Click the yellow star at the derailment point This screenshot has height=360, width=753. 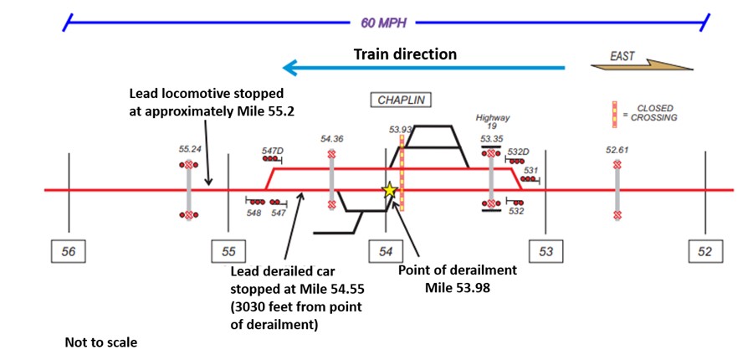pos(389,190)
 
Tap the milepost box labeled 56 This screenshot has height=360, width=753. pos(69,250)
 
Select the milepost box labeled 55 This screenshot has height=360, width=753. pos(228,250)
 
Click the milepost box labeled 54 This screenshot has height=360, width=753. pos(386,250)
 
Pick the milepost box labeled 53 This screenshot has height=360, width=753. pos(546,250)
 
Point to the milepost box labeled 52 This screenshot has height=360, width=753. pos(704,250)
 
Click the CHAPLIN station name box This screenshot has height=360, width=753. pos(400,100)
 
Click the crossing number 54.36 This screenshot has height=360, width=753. pos(331,139)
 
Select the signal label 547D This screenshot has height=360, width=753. pos(272,151)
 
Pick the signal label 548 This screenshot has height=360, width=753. pos(254,213)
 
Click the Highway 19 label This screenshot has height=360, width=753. pos(492,123)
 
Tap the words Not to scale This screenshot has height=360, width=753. pos(100,342)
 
